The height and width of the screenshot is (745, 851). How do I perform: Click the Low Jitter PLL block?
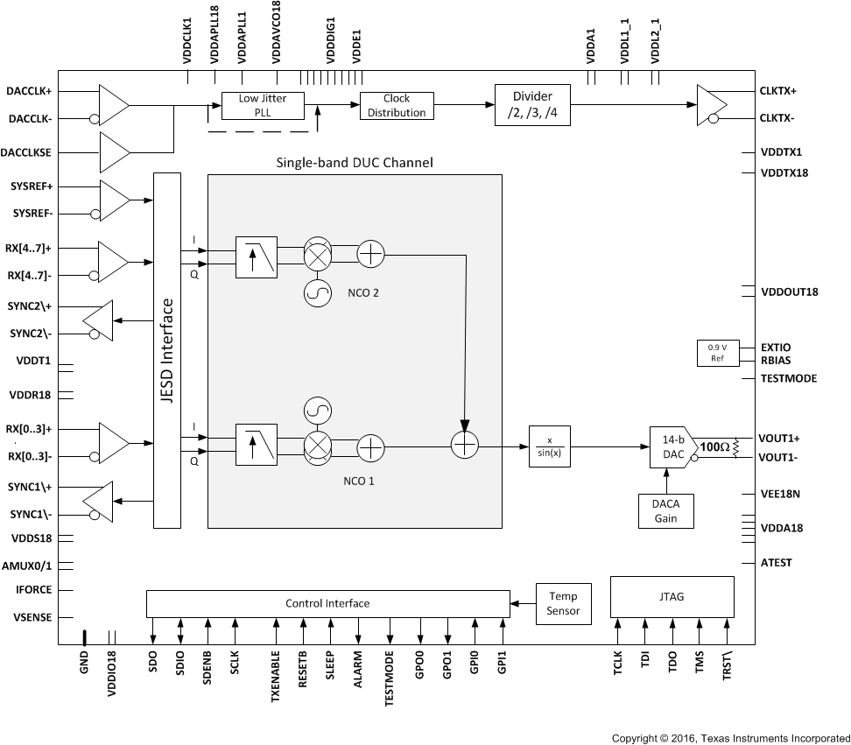(262, 105)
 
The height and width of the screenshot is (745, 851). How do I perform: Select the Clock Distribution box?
(396, 105)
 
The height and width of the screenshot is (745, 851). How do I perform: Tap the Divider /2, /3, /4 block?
(532, 105)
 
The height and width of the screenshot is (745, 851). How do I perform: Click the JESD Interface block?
(166, 350)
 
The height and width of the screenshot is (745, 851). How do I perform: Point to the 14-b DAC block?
(672, 446)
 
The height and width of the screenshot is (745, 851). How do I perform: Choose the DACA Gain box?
(666, 510)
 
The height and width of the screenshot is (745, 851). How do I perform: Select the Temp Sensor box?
(563, 603)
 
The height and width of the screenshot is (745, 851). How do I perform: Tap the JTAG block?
(672, 596)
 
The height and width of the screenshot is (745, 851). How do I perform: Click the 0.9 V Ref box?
(716, 352)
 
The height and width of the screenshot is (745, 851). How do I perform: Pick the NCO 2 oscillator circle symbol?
(316, 293)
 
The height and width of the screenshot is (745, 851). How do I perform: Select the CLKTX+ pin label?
(778, 91)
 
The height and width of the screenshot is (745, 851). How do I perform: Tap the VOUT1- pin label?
(779, 458)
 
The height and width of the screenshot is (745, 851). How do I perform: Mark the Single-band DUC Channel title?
(355, 163)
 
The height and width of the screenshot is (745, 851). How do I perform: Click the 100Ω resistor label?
(715, 446)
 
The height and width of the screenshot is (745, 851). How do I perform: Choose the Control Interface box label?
(327, 603)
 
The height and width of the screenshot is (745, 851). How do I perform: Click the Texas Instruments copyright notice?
(730, 738)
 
